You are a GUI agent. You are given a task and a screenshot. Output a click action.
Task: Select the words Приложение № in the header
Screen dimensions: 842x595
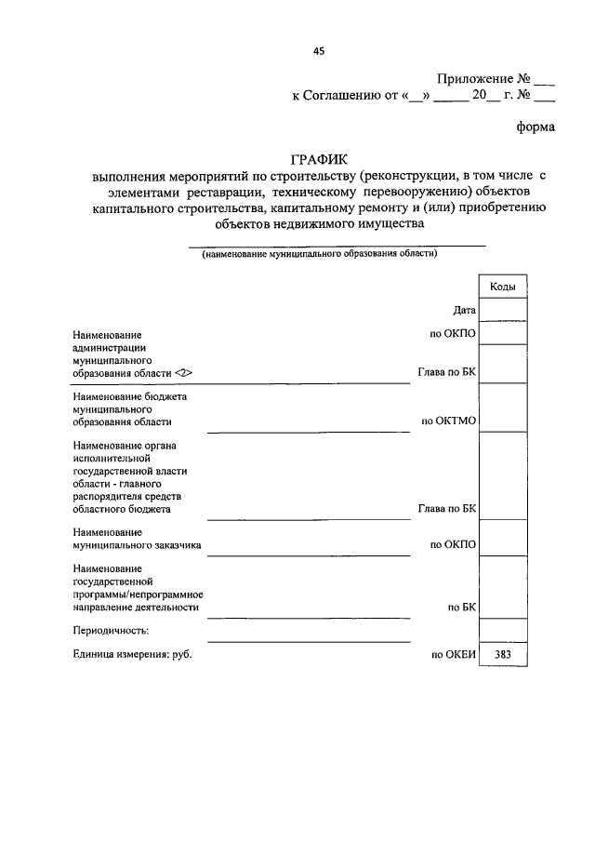click(482, 79)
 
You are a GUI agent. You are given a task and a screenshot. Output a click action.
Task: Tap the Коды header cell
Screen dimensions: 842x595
click(502, 287)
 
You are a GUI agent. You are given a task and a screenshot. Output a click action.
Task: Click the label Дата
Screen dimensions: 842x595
click(465, 310)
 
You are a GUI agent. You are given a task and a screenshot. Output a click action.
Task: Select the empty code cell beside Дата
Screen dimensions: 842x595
click(502, 310)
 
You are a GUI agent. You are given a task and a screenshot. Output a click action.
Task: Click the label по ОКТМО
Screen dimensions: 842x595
click(449, 421)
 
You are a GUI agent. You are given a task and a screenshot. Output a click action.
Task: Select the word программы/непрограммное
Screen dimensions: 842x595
click(138, 594)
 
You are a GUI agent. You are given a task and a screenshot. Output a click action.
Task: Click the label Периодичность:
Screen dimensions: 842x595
click(110, 631)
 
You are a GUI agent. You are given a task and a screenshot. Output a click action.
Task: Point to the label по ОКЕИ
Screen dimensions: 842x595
click(453, 655)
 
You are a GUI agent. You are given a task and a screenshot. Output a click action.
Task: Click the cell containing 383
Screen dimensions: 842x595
click(502, 655)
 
